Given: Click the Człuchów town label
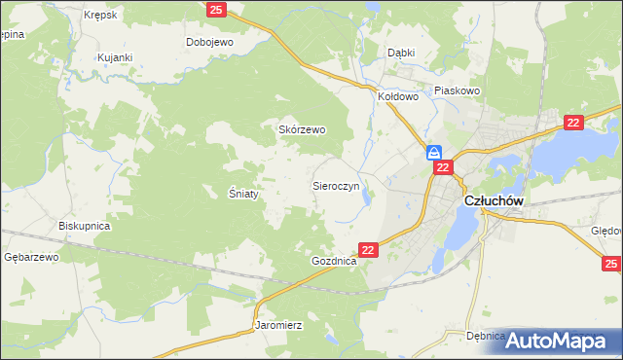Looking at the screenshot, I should click(495, 200).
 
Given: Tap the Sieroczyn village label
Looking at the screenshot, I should click(337, 185).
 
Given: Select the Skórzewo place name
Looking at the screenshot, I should click(302, 129).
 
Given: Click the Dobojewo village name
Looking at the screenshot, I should click(211, 42).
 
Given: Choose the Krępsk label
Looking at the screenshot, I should click(100, 16).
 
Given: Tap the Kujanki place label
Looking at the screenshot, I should click(114, 57).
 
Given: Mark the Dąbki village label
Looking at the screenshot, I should click(401, 53).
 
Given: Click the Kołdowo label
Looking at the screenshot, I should click(397, 96).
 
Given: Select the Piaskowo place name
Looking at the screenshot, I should click(458, 90).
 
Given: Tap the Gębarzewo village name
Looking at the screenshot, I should click(31, 257).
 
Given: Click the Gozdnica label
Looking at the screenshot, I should click(334, 263).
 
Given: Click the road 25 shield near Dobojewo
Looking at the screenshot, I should click(217, 10).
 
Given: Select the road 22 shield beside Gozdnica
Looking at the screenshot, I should click(367, 250).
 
